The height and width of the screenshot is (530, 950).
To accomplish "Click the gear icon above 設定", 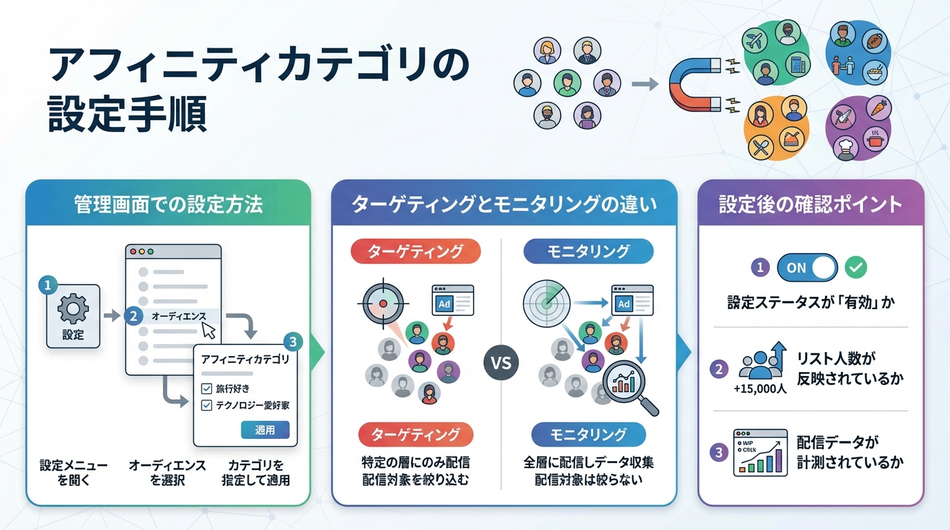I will click(72, 308).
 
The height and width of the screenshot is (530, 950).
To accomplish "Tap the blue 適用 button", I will click(265, 430).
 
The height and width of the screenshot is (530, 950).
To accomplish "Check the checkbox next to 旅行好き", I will click(206, 389).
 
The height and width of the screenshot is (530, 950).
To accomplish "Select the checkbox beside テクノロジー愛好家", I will click(206, 406).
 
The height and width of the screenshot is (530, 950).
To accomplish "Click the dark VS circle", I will click(501, 362).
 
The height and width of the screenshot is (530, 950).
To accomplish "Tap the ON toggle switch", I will click(806, 268).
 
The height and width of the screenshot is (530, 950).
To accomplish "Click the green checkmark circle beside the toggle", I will click(856, 268).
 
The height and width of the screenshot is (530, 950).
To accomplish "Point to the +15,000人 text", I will click(760, 389).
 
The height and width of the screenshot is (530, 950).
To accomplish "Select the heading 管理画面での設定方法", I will click(168, 204).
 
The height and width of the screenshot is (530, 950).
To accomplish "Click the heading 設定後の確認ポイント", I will click(811, 204).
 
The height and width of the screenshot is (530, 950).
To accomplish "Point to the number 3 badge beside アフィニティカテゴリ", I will click(293, 342).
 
